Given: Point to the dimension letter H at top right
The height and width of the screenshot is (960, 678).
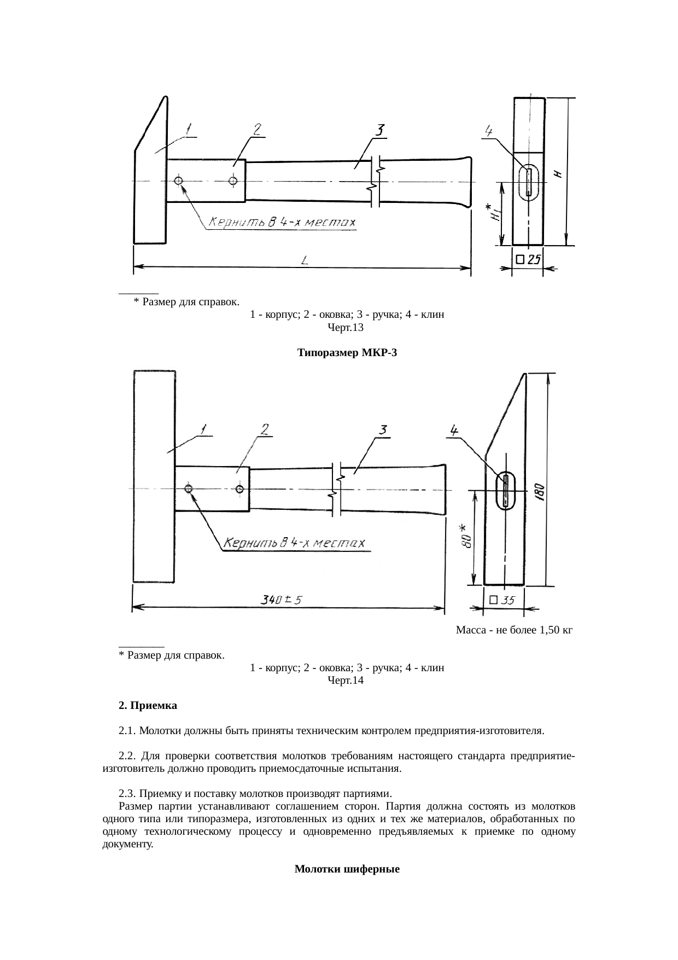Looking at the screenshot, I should point(558,173).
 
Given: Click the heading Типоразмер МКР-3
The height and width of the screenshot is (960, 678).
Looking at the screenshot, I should point(347,353).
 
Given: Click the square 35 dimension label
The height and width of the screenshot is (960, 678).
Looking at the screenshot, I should point(502,600).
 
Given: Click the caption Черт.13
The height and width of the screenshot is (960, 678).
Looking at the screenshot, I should point(345,328).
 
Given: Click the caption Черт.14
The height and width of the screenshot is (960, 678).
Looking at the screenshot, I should point(345,680).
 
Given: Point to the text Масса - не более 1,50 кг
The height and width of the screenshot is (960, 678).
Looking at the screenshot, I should point(513,630).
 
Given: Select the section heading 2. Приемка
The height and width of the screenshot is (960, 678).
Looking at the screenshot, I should point(148,706).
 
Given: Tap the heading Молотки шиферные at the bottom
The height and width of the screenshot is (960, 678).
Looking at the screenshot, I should point(347,869).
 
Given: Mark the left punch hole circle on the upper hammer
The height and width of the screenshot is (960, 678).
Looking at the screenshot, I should point(179,181).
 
